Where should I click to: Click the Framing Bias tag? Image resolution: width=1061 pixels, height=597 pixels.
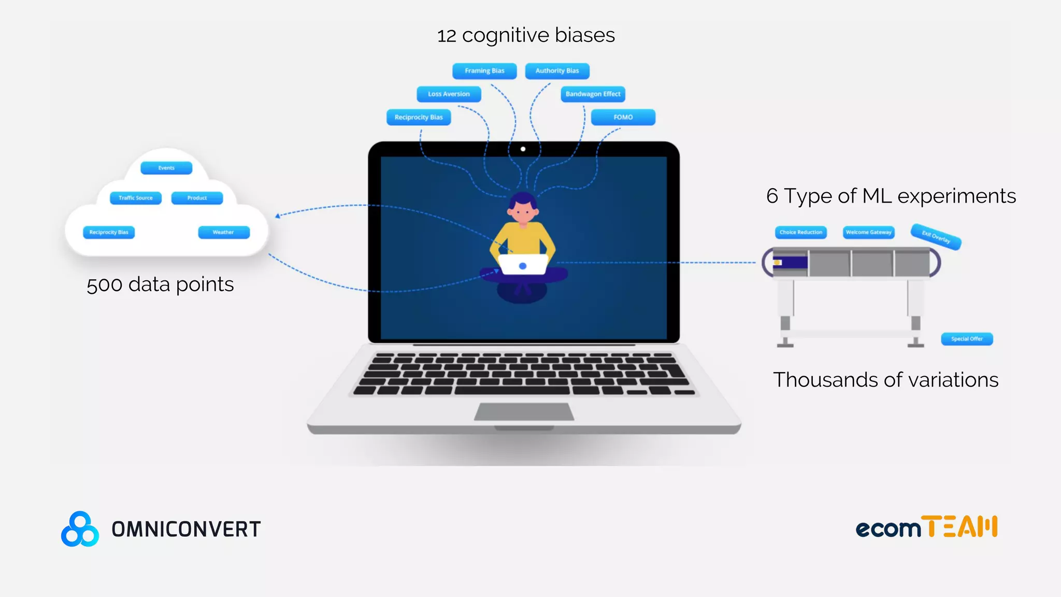coord(484,71)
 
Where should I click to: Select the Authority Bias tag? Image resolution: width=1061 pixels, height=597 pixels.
coord(557,71)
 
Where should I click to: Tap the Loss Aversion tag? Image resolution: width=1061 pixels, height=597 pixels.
coord(449,94)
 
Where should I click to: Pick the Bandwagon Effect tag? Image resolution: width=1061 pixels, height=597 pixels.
coord(593,94)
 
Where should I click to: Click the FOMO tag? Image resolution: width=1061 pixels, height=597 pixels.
coord(623,118)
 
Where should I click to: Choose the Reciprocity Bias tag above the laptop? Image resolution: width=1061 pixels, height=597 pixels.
coord(419,118)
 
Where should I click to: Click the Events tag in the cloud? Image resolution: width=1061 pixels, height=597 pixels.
coord(166,168)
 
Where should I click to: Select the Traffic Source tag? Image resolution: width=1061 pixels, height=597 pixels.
coord(136,198)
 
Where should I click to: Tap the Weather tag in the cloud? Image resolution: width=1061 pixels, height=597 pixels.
coord(223,232)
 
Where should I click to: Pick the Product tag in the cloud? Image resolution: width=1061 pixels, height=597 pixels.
coord(197,198)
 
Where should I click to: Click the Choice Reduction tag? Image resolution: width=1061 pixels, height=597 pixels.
coord(800,232)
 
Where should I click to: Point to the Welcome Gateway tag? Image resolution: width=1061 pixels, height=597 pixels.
coord(868,232)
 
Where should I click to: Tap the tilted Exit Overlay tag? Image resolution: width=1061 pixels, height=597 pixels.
coord(936,237)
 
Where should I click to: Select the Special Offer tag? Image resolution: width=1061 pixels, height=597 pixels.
coord(967,339)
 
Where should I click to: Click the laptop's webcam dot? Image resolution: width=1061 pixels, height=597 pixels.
coord(523,149)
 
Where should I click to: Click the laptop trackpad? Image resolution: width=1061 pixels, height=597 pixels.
coord(524,412)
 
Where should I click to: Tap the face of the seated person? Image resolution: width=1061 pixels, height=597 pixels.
coord(523,210)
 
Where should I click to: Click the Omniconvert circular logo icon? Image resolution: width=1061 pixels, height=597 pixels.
coord(80,529)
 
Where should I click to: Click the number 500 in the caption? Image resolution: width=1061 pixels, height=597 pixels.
coord(104,285)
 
